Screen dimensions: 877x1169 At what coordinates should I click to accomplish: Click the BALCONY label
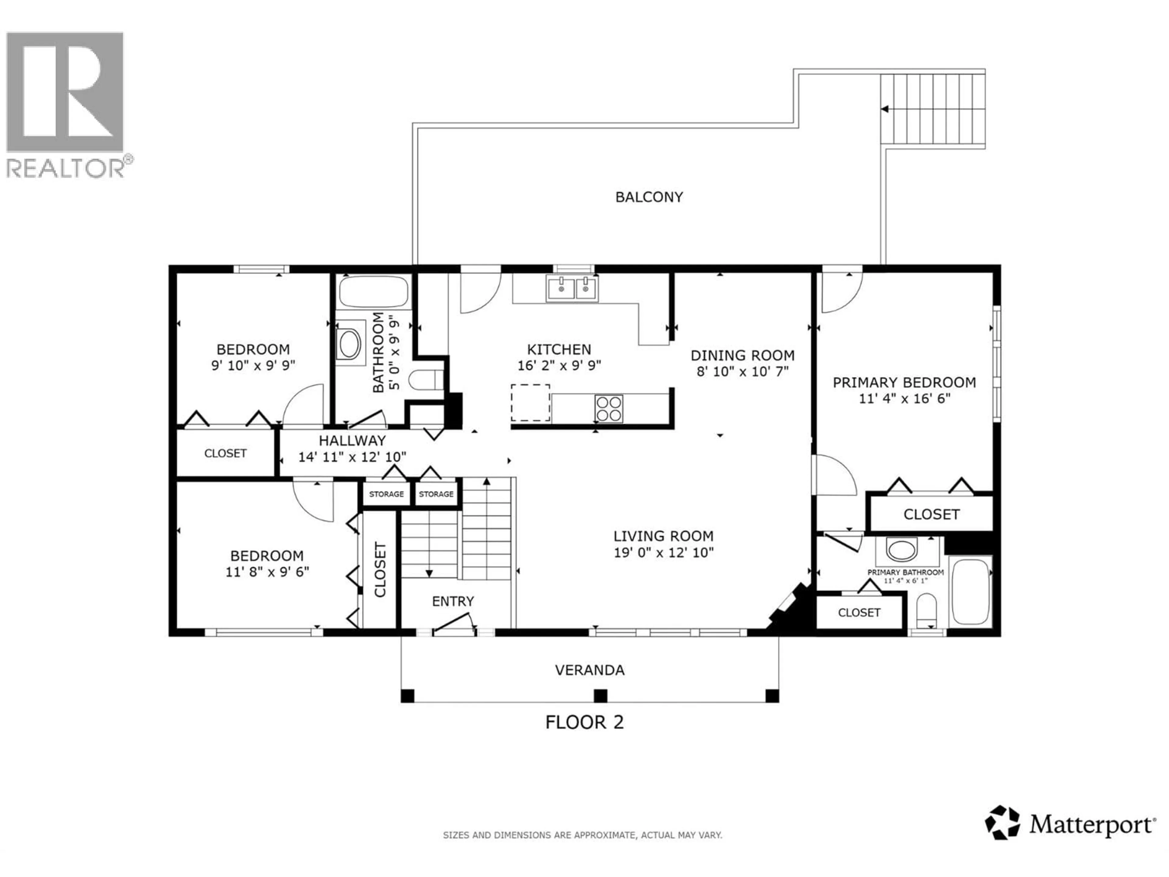tap(649, 197)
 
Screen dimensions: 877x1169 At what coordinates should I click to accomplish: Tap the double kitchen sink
tap(572, 289)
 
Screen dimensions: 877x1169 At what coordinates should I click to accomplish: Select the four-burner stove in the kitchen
tap(609, 409)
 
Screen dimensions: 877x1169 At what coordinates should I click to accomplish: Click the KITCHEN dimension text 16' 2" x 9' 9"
tap(559, 365)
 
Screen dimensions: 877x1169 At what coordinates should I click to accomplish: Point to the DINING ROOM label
tap(742, 355)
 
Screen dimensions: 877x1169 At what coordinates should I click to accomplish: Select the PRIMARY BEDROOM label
tap(904, 382)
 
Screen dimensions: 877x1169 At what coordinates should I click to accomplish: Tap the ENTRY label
tap(453, 601)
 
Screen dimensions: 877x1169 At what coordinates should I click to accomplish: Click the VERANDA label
tap(589, 670)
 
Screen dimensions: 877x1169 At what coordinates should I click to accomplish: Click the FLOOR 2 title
tap(584, 722)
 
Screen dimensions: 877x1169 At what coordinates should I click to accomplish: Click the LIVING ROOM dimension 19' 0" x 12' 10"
tap(663, 552)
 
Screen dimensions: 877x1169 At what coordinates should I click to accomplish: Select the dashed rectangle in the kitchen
tap(530, 403)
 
